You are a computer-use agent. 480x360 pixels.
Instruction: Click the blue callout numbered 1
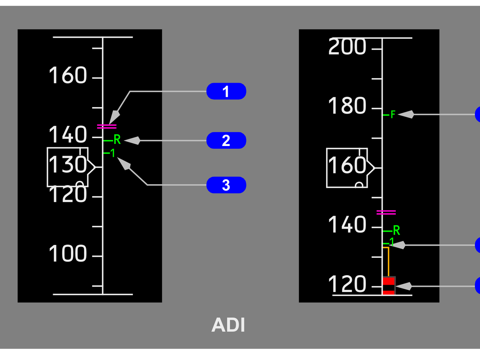coord(226,91)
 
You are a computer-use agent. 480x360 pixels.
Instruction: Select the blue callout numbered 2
coord(226,141)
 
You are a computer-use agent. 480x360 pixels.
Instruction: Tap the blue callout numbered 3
coord(226,185)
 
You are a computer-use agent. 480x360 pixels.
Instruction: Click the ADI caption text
coord(228,325)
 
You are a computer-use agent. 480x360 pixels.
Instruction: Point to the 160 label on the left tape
coord(68,76)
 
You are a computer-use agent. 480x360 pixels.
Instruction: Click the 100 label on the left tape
coord(68,254)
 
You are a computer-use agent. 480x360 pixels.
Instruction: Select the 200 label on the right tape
coord(347,47)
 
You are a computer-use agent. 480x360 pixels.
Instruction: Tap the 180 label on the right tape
coord(347,106)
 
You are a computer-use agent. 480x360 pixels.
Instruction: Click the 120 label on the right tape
coord(347,284)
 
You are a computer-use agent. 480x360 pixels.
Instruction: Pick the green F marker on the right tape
coord(393,115)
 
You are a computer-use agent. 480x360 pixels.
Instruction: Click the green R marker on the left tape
coord(117,140)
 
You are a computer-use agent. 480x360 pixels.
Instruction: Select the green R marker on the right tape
coord(396,230)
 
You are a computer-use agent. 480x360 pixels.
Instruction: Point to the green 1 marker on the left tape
coord(112,153)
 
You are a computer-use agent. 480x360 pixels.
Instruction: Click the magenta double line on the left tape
coord(107,126)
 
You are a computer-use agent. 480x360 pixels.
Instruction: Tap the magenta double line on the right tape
coord(386,213)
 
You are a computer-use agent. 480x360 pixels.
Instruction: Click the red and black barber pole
coord(389,286)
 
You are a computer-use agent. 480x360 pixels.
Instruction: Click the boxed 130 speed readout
coord(68,167)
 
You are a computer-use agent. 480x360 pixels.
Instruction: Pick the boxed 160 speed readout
coord(347,167)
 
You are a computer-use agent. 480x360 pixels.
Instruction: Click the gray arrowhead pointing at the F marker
coord(406,114)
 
